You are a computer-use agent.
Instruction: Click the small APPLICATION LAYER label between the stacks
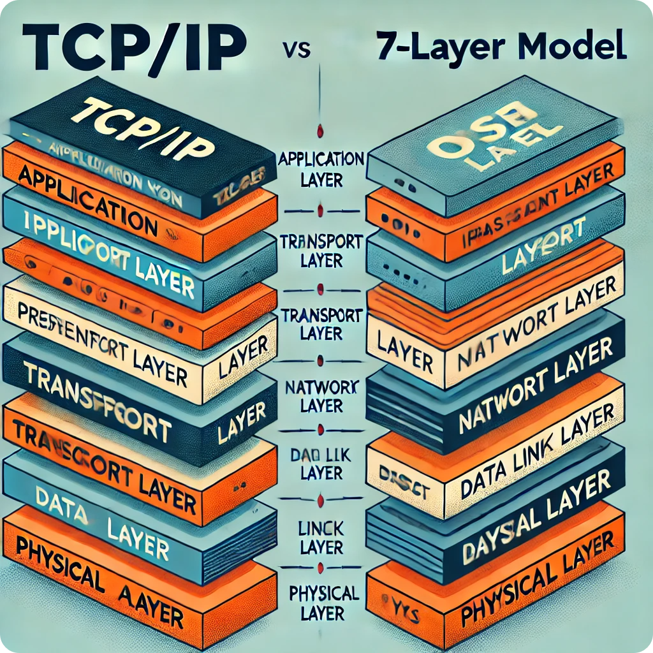click(x=321, y=167)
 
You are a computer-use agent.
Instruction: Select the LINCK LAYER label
click(x=322, y=536)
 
